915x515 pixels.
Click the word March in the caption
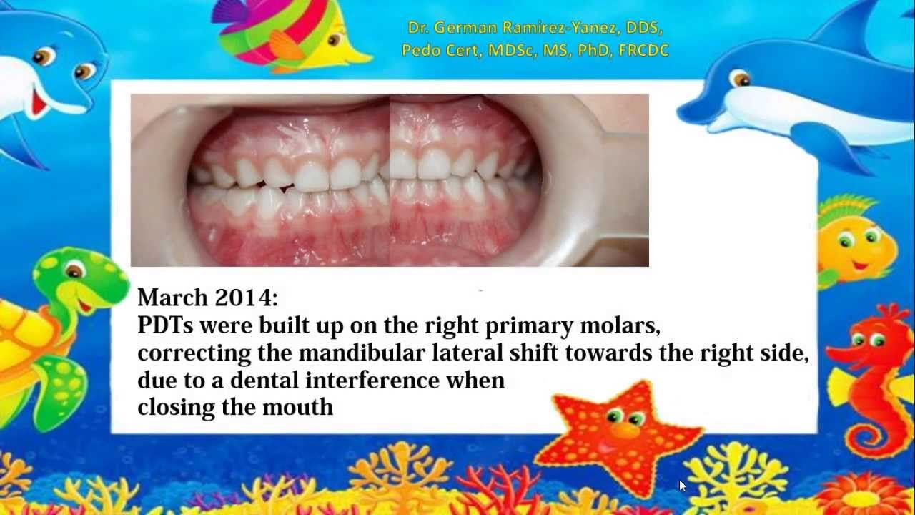173,297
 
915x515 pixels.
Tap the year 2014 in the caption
245,297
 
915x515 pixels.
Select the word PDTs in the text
165,325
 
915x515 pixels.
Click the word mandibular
362,353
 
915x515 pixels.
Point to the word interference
372,380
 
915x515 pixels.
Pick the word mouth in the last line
297,407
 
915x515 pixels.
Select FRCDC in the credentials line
643,50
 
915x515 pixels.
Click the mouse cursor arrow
683,486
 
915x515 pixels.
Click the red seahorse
874,380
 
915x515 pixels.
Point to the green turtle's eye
74,271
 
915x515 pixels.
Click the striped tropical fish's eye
334,39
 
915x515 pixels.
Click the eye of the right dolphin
741,78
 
